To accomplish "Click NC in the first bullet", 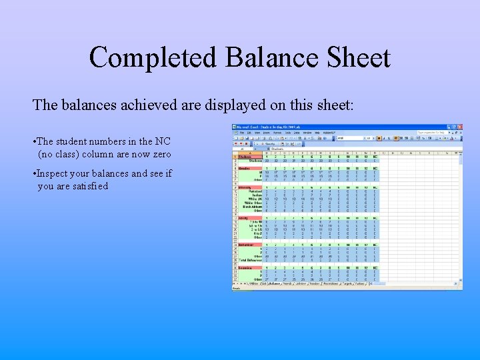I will (x=163, y=141).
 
